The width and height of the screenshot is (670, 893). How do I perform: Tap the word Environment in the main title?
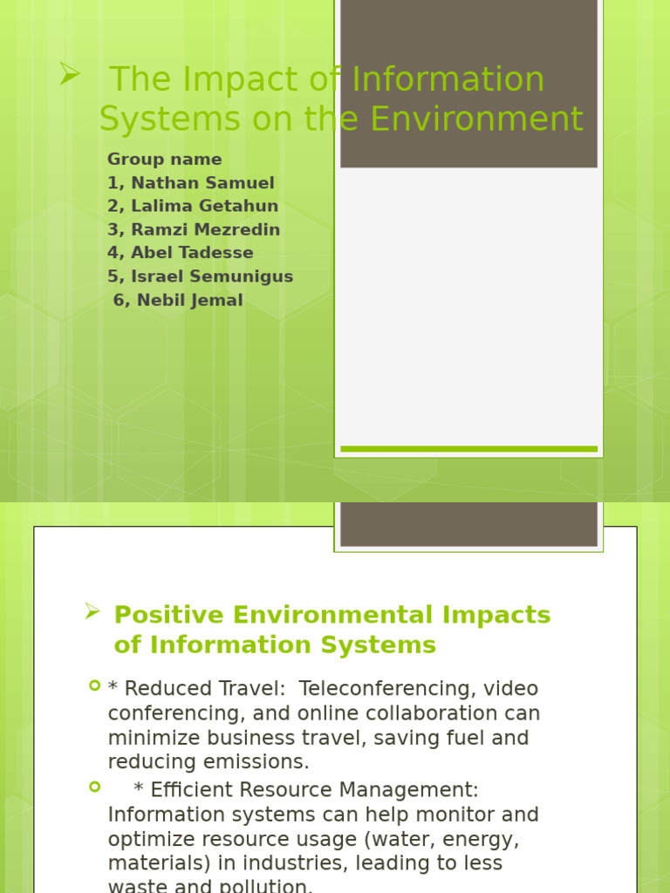point(477,119)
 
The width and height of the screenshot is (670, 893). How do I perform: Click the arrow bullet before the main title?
point(70,74)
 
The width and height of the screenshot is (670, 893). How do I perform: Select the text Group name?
point(165,160)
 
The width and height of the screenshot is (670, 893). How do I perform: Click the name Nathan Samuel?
point(202,183)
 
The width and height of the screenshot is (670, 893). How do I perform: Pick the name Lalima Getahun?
point(204,206)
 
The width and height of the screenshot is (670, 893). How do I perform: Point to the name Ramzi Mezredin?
point(206,229)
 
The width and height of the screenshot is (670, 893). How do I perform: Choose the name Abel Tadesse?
point(193,252)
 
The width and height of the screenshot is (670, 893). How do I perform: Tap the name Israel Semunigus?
point(212,276)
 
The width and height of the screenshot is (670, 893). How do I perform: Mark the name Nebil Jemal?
point(190,300)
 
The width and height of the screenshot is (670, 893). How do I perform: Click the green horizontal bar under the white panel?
point(468,449)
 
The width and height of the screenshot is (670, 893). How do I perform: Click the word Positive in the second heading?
point(169,615)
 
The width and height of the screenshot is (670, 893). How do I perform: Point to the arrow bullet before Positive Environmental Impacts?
point(92,611)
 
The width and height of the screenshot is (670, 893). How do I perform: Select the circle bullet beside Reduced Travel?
point(95,685)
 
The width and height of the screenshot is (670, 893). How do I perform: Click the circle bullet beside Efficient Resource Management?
point(95,787)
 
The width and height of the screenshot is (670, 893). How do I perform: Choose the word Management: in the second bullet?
point(408,790)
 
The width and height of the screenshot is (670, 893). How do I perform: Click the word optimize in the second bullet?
point(143,840)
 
